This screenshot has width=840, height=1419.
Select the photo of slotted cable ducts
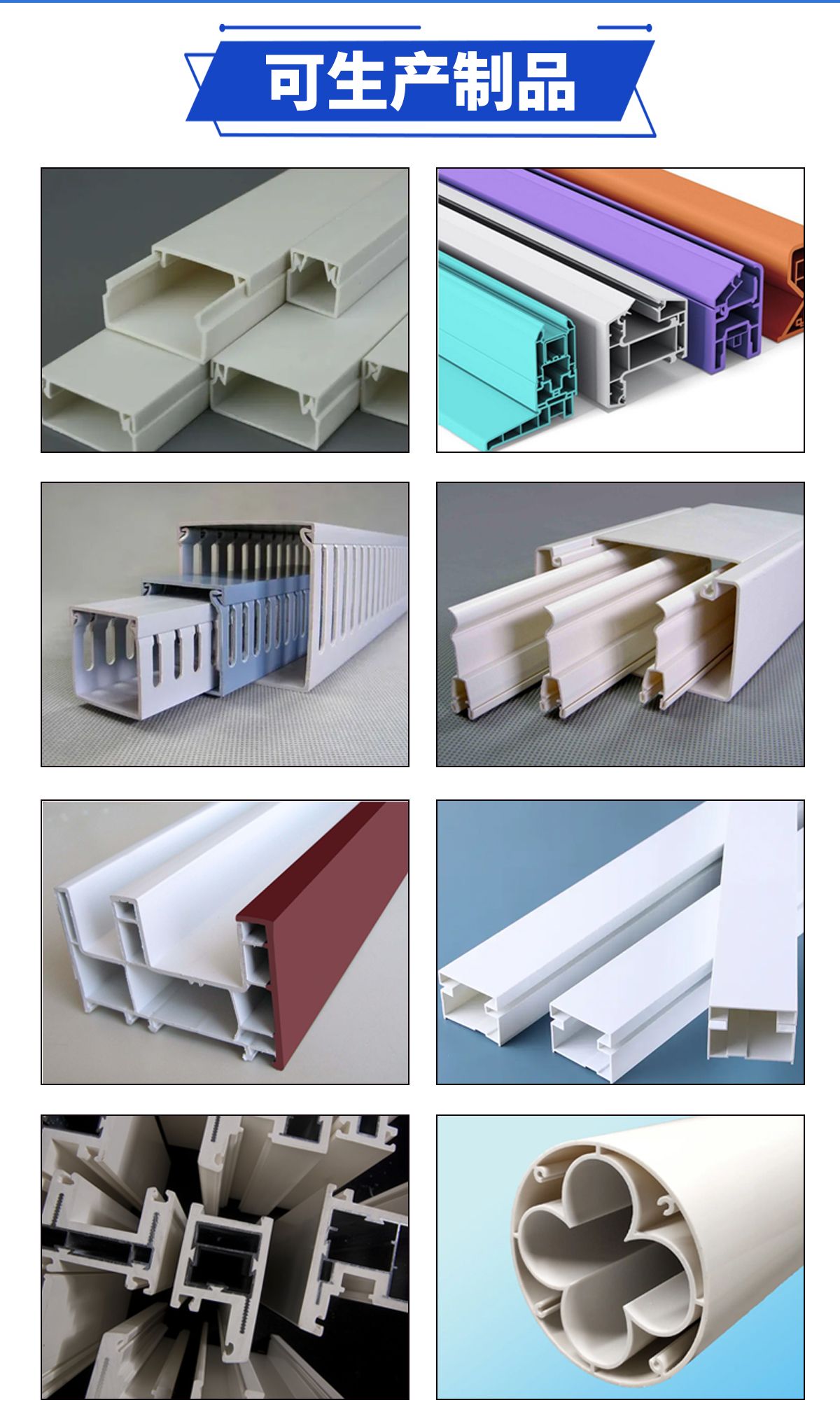point(225,624)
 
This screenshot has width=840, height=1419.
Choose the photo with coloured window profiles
point(620,310)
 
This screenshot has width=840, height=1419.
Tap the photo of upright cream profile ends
point(225,1257)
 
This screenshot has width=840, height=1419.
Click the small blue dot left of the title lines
point(222,28)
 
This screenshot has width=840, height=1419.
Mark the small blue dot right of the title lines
point(649,28)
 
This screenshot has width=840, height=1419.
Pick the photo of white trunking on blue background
point(620,942)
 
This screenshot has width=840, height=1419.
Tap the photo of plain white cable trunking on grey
point(225,310)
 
